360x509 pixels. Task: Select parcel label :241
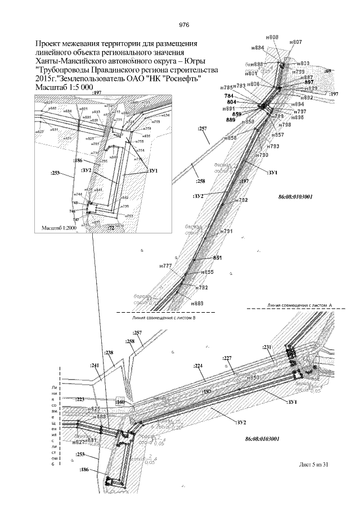pos(94,365)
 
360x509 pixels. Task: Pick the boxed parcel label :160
pos(120,403)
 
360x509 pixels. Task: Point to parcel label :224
pos(198,366)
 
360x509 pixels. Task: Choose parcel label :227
pos(227,358)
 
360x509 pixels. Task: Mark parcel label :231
pos(267,346)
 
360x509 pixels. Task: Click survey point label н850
pos(253,377)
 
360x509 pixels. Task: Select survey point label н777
pos(165,265)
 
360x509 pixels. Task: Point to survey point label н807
pos(296,42)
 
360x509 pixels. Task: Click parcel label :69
pos(328,71)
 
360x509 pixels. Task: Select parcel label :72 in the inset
pos(111,228)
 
